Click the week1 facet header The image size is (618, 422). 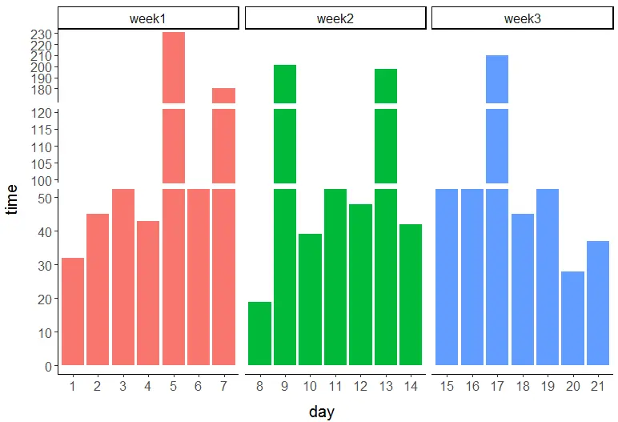coord(148,18)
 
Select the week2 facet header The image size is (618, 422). coord(335,18)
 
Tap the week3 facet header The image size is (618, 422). coord(523,18)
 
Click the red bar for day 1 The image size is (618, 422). coord(73,311)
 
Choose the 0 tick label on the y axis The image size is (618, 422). coord(50,366)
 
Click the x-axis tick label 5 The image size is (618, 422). coord(173,387)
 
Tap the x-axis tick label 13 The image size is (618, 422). coord(385,387)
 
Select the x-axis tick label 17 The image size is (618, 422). coord(497,387)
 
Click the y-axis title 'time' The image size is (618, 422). coord(11,198)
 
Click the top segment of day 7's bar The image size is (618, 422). coord(223,95)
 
